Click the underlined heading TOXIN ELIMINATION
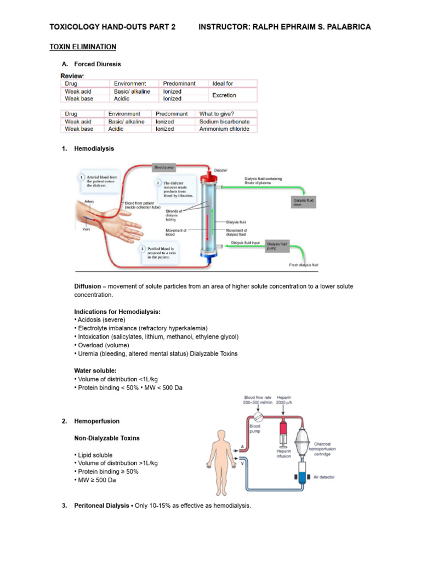83,47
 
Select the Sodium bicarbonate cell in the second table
224,122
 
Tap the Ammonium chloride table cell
224,129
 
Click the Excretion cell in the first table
224,95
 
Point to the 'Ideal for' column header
223,84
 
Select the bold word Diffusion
88,287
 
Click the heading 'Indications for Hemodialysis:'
117,312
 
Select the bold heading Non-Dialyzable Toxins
107,438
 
